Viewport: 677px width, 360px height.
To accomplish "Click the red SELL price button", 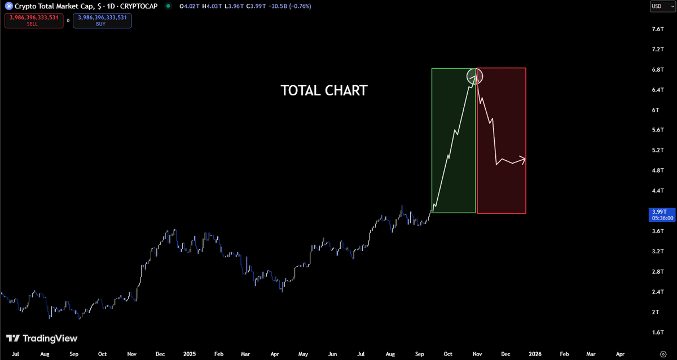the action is (x=34, y=20).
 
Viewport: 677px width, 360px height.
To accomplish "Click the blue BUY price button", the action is (x=102, y=20).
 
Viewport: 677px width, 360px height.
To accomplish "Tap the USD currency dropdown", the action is (x=662, y=6).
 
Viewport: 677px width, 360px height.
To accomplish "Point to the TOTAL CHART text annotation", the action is (x=324, y=91).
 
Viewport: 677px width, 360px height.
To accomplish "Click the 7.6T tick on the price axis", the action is (x=658, y=29).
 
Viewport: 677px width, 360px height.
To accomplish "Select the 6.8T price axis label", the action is (x=658, y=69).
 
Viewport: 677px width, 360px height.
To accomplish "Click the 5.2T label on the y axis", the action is (x=658, y=150).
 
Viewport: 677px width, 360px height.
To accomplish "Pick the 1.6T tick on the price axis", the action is (x=658, y=332).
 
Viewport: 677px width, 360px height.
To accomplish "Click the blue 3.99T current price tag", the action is (x=662, y=215).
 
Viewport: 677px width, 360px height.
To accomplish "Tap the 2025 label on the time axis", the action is (x=190, y=354).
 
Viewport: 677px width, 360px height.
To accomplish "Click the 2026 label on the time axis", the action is (x=535, y=354).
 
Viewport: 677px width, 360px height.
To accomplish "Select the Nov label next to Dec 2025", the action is (x=477, y=354).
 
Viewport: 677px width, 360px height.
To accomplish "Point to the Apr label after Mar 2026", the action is (x=620, y=354).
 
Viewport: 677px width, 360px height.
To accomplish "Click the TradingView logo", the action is (x=42, y=338).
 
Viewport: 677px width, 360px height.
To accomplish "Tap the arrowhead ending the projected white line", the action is (x=523, y=160).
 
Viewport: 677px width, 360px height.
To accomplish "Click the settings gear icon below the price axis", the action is (x=663, y=354).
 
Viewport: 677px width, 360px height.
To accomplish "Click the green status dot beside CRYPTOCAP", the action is (x=168, y=6).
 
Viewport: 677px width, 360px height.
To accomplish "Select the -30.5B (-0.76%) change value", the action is (x=289, y=6).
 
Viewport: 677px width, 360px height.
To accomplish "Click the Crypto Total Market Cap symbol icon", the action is (x=9, y=6).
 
